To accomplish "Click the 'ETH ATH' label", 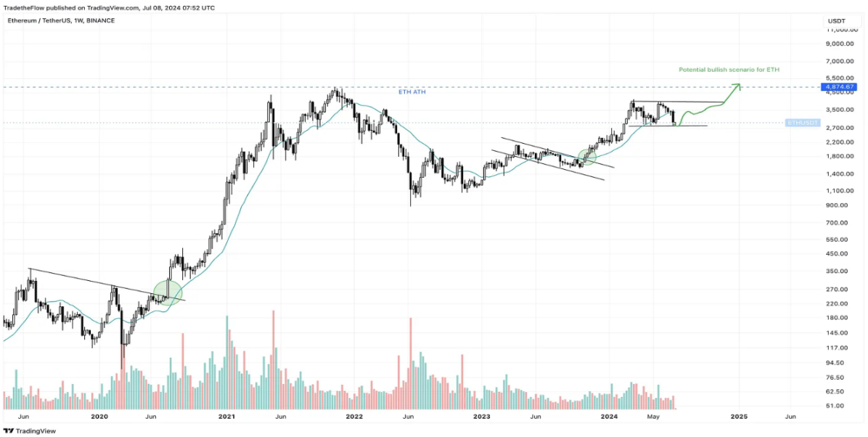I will (x=412, y=92).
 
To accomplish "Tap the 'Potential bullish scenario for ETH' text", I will (x=729, y=70).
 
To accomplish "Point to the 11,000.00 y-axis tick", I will (x=840, y=30).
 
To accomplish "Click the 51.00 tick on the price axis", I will (x=835, y=406).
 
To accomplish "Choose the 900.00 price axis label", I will (x=837, y=205).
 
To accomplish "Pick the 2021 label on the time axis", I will (x=227, y=417).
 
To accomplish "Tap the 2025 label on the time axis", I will (x=739, y=417).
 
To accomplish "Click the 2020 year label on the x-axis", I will (x=99, y=417).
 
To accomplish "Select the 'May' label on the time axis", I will (x=655, y=417).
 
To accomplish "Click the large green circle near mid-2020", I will (x=168, y=293).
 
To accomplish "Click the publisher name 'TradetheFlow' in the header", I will (x=24, y=7).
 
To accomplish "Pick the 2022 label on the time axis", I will (x=354, y=417).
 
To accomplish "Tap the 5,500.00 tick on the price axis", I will (x=840, y=78).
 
